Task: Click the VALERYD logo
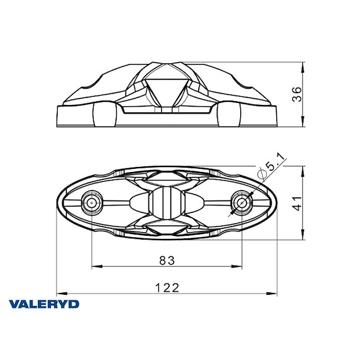point(44,304)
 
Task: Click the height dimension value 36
point(297,94)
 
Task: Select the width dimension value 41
point(297,203)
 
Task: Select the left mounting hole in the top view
point(92,202)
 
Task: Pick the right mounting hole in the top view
point(241,202)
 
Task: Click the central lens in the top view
point(166,203)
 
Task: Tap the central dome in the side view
point(166,88)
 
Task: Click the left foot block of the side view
point(104,114)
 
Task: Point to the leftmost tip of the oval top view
point(56,203)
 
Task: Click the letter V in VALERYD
point(14,304)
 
